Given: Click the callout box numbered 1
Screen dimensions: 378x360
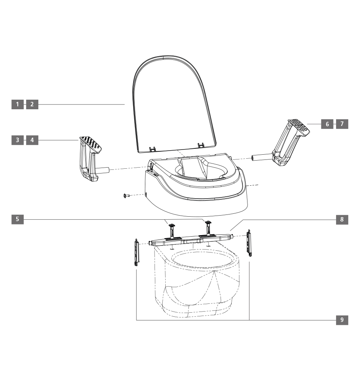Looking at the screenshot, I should (x=17, y=104).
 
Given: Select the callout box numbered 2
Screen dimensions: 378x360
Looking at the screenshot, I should (x=32, y=104).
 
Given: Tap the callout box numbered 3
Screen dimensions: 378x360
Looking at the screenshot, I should (x=17, y=140).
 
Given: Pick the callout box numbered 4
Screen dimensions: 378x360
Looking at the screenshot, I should (x=32, y=140).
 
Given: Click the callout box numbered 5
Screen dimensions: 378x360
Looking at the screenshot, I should (x=17, y=219).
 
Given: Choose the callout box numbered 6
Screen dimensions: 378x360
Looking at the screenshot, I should (x=327, y=124).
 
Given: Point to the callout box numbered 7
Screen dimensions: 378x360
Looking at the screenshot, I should (x=342, y=124).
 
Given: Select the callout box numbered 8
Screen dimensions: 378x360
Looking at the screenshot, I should (x=342, y=219).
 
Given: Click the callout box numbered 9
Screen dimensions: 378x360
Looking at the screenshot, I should (x=342, y=320).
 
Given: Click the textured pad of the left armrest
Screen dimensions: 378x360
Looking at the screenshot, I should (x=91, y=143).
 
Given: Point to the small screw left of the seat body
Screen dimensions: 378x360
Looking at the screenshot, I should (x=126, y=196).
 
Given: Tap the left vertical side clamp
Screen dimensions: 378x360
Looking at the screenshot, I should (x=136, y=252).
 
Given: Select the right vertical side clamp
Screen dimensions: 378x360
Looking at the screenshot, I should (x=249, y=243).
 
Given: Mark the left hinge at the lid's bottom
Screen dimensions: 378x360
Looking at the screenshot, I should (x=152, y=149).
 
